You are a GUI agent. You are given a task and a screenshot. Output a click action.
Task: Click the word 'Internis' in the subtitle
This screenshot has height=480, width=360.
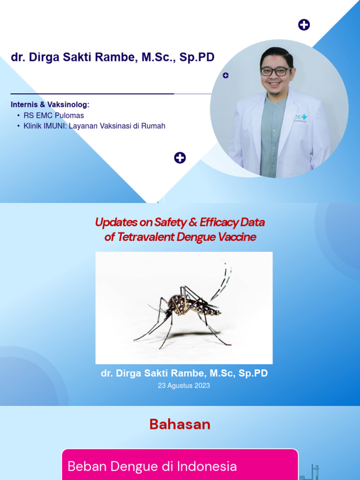pyautogui.click(x=24, y=105)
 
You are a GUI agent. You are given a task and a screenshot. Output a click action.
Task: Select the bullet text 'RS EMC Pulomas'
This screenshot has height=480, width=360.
pyautogui.click(x=53, y=115)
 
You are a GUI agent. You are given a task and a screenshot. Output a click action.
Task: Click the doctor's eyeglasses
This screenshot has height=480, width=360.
pyautogui.click(x=276, y=72)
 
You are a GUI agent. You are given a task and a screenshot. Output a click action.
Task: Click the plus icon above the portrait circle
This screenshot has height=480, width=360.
pyautogui.click(x=304, y=25)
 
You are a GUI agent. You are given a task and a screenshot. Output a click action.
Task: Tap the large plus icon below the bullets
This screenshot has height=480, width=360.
pyautogui.click(x=180, y=158)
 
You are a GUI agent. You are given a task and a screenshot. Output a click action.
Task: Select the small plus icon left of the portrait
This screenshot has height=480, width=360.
pyautogui.click(x=225, y=75)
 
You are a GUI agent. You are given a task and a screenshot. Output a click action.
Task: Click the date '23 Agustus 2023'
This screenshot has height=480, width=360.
pyautogui.click(x=184, y=386)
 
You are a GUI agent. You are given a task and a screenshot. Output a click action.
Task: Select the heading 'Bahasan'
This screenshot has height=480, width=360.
pyautogui.click(x=180, y=424)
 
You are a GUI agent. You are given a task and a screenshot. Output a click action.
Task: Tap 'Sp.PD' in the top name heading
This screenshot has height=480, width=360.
pyautogui.click(x=199, y=58)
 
